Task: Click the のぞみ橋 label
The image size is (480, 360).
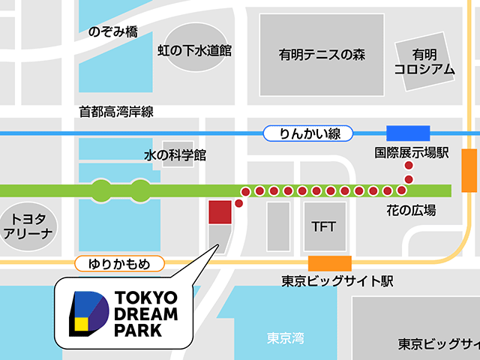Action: pos(112,32)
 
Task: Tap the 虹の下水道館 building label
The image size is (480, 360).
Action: pos(194,50)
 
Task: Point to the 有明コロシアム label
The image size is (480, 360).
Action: pos(424,61)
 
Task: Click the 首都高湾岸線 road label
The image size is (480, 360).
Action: pos(116,112)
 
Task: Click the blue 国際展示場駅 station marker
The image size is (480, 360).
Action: pos(407,133)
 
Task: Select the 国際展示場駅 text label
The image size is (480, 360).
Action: pos(412,154)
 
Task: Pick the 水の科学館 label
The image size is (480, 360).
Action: pos(175,156)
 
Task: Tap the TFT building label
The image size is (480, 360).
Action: pos(325,226)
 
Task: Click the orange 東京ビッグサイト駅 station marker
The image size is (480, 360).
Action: pos(330,262)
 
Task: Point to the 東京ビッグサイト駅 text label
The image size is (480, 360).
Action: pos(337,282)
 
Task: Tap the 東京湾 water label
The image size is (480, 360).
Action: pos(286,337)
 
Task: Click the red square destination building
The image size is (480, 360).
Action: pos(220,212)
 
